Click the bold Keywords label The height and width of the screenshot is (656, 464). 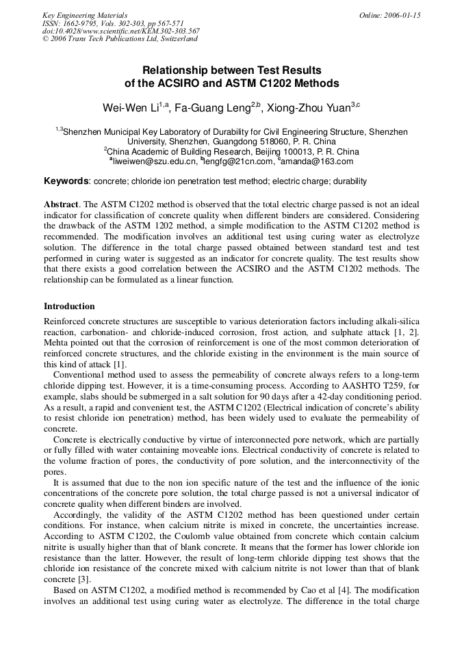(x=66, y=181)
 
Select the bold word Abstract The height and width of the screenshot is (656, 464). (x=61, y=205)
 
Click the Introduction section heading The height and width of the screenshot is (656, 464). (x=69, y=306)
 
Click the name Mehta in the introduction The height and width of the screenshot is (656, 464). (x=56, y=343)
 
